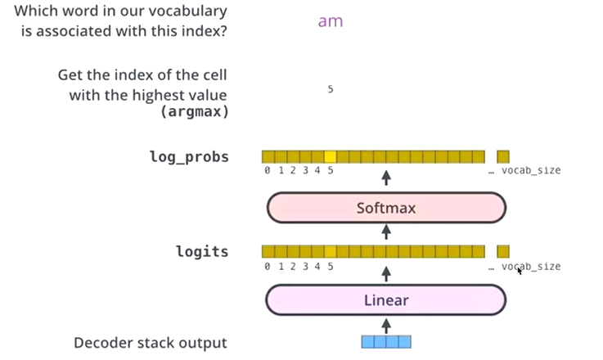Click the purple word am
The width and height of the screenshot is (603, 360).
click(331, 21)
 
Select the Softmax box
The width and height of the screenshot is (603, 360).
click(386, 208)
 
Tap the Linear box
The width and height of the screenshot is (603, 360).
click(386, 300)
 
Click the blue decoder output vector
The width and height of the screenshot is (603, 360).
click(386, 342)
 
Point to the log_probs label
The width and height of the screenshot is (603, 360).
click(189, 157)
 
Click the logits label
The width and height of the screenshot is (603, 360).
click(202, 251)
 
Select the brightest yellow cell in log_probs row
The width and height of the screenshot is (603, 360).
click(330, 157)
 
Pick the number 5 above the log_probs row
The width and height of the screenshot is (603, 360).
click(331, 89)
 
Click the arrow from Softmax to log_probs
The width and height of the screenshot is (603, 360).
click(386, 178)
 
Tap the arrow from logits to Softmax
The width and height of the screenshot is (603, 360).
click(386, 232)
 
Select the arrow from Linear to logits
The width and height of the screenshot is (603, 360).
click(386, 274)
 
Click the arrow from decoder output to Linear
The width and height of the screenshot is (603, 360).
click(386, 326)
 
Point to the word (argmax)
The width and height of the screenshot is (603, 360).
click(195, 112)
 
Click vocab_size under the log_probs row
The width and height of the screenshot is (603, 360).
click(531, 170)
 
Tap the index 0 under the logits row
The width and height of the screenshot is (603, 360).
click(268, 266)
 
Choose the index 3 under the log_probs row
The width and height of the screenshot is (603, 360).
click(305, 170)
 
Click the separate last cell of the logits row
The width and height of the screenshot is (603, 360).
click(503, 251)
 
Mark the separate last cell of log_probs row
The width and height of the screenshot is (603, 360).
click(503, 157)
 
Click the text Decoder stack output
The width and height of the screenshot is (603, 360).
click(151, 343)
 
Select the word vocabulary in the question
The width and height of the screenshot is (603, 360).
click(187, 11)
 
